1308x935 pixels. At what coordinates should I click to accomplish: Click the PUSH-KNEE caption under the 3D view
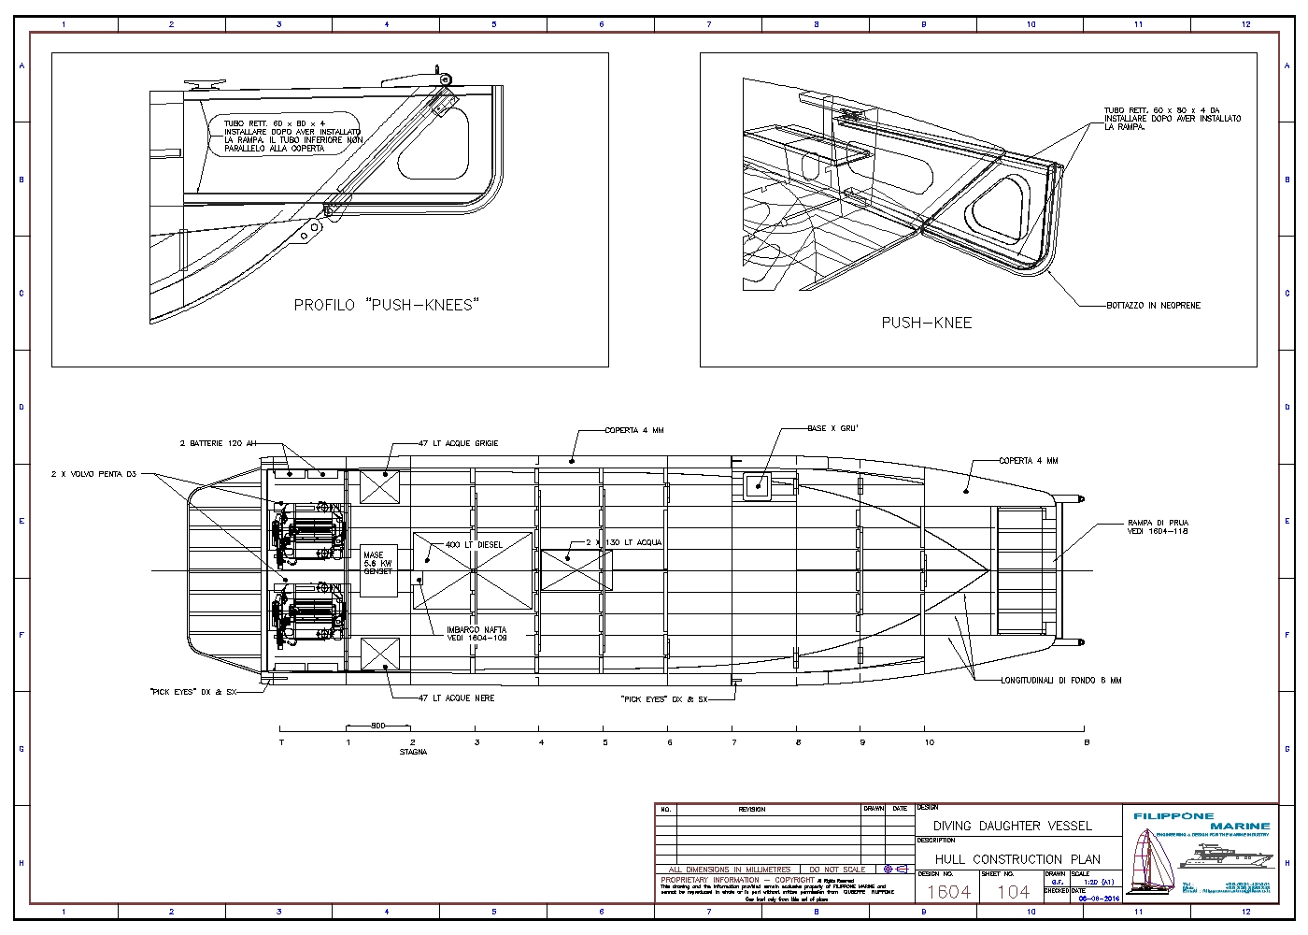click(926, 323)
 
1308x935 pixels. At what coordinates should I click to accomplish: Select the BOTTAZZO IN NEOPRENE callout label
click(1153, 306)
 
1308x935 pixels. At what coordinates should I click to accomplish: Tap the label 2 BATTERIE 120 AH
click(218, 443)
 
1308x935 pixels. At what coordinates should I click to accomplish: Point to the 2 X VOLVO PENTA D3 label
click(93, 475)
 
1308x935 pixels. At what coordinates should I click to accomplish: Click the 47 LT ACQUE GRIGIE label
click(458, 443)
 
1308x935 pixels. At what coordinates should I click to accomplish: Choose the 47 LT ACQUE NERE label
click(456, 698)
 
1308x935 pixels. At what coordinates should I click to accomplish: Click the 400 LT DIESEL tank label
click(474, 544)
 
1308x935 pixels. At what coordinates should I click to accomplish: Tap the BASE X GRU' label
click(832, 428)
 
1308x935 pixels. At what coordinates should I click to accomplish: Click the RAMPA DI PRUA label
click(1158, 527)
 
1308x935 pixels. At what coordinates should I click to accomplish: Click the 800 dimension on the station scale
click(377, 726)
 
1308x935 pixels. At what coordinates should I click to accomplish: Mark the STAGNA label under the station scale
click(413, 752)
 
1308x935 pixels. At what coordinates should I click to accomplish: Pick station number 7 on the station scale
click(733, 742)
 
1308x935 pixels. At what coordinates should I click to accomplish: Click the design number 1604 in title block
click(947, 891)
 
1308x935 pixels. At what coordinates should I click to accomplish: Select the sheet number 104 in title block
click(1013, 891)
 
